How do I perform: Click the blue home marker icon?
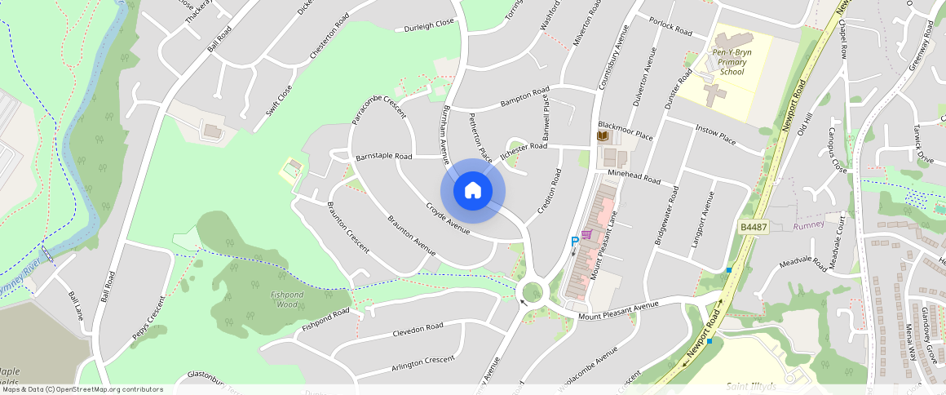(473, 191)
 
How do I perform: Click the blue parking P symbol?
(574, 242)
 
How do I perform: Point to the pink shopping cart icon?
(586, 234)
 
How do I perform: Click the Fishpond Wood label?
(286, 299)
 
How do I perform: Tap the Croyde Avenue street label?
(448, 219)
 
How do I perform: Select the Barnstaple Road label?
(383, 155)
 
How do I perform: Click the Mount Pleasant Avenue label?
(617, 311)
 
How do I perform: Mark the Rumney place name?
(809, 224)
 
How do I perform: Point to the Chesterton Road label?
(329, 35)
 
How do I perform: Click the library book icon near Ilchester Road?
(603, 136)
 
